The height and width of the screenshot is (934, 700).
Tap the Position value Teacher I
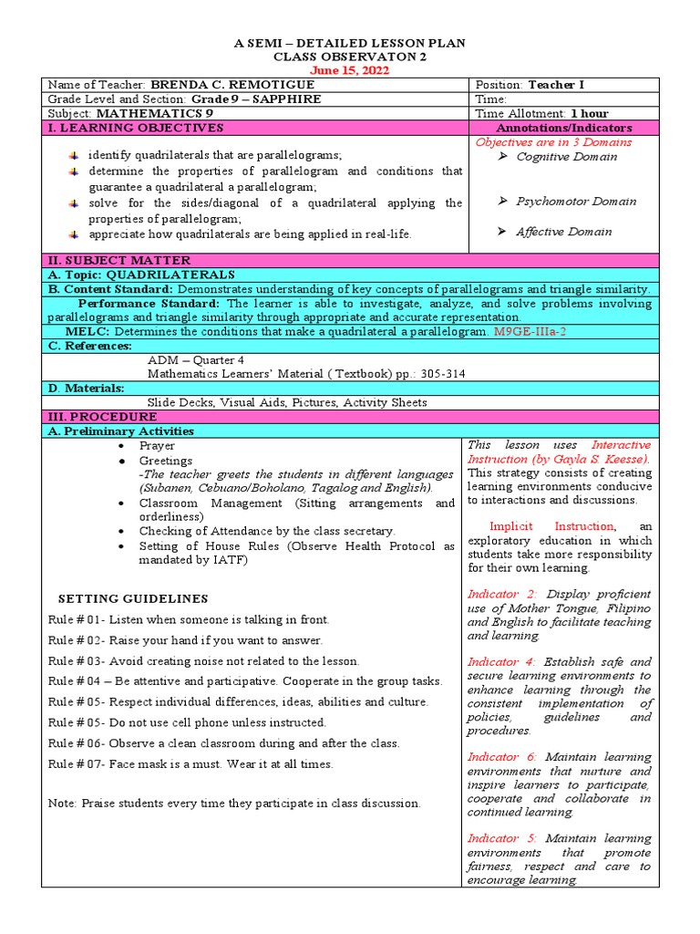point(556,85)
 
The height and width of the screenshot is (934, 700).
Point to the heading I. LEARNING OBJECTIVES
point(136,129)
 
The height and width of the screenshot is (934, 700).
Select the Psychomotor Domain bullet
point(576,202)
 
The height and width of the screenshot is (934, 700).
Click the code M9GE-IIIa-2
point(530,332)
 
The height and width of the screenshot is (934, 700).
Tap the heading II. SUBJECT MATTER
point(119,261)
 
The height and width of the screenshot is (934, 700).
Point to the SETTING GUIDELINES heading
point(133,599)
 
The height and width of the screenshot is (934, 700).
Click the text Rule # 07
point(77,764)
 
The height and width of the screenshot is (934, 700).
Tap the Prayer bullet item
point(157,446)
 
